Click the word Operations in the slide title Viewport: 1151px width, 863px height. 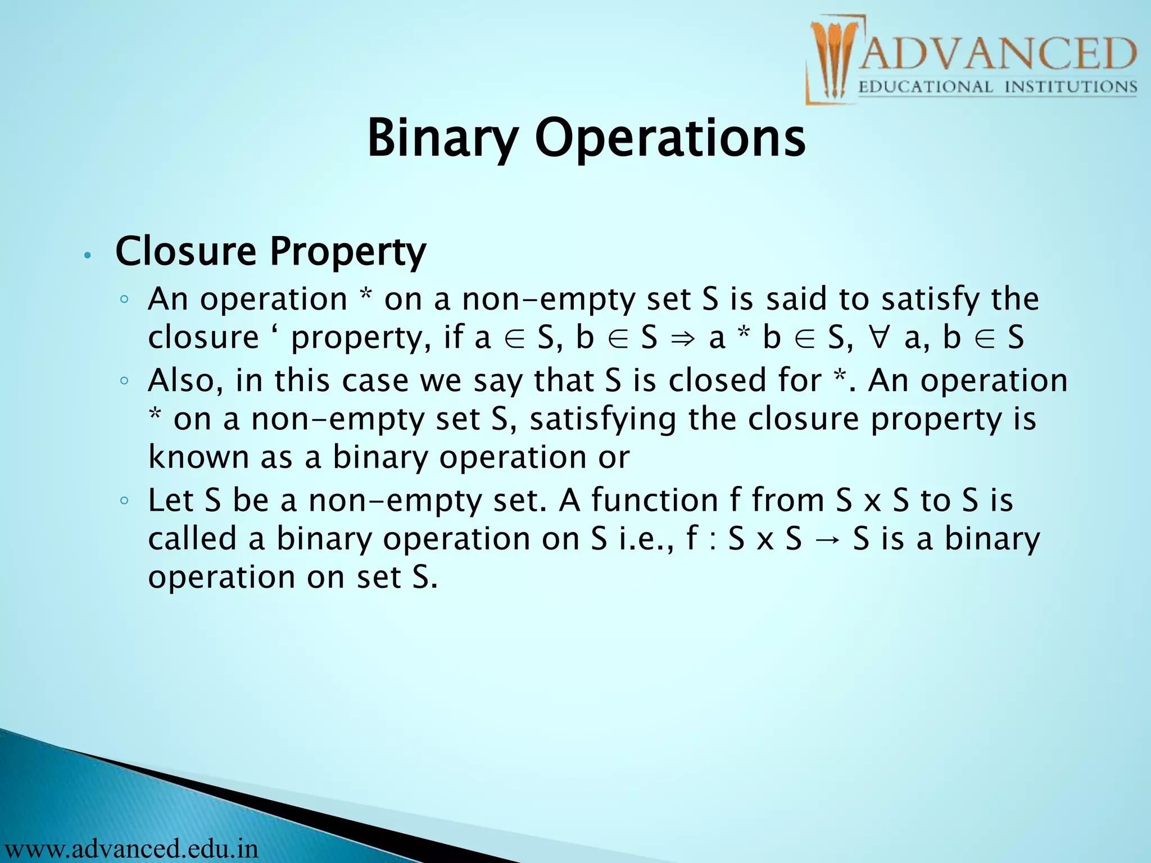click(x=670, y=138)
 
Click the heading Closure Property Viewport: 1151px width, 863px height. click(x=270, y=251)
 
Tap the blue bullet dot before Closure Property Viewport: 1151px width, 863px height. click(x=87, y=256)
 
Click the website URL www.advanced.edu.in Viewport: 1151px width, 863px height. click(x=130, y=848)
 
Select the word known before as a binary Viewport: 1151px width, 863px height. click(x=198, y=457)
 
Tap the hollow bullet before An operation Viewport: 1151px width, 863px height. click(x=125, y=299)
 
